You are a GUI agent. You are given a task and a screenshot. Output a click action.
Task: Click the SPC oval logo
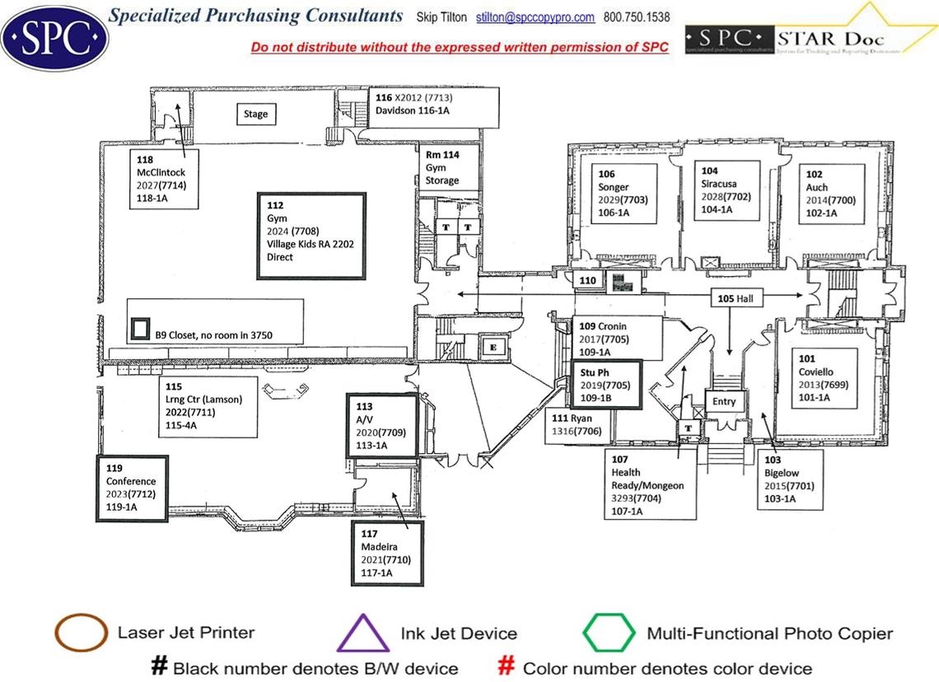click(x=55, y=37)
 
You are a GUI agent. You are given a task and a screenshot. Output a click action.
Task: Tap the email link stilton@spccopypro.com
click(x=535, y=17)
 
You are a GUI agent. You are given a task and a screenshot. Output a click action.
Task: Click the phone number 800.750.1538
click(x=637, y=17)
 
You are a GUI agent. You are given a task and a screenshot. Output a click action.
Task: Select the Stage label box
click(x=255, y=114)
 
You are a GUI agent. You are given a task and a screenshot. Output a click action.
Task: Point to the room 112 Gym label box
click(x=311, y=236)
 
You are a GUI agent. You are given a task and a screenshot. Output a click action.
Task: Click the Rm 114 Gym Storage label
click(x=442, y=167)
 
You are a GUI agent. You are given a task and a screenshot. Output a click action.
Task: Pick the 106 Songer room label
click(x=626, y=194)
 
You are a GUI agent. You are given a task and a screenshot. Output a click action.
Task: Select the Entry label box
click(x=724, y=402)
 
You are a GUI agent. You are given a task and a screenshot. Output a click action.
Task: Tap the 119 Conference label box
click(x=132, y=488)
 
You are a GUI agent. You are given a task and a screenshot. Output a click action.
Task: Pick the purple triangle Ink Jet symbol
click(x=362, y=634)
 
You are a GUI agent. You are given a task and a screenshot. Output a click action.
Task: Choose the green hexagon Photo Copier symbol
click(x=609, y=633)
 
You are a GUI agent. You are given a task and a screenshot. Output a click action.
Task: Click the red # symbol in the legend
click(x=507, y=667)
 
